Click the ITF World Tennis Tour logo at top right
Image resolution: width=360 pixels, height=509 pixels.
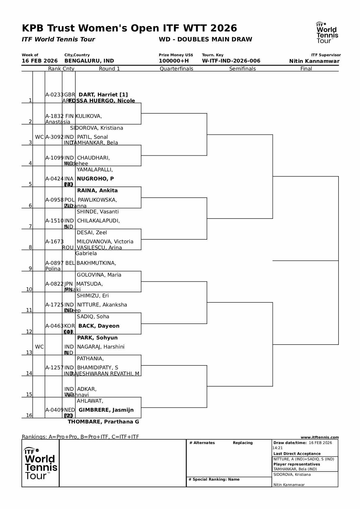click(327, 33)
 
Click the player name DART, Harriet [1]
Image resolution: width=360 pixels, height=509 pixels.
click(103, 95)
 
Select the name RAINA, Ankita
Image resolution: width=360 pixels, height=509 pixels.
click(97, 190)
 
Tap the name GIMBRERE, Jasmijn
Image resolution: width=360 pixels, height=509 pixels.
click(106, 410)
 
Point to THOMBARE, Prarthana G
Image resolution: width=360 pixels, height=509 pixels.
click(103, 422)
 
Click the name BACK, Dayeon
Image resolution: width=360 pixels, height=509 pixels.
click(99, 326)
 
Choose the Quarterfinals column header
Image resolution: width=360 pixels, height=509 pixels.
click(176, 69)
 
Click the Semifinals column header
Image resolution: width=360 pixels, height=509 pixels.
click(242, 69)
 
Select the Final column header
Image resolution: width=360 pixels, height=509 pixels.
click(306, 69)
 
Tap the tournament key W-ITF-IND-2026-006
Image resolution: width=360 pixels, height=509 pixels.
click(231, 61)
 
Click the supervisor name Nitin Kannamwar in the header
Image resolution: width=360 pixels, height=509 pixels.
click(314, 61)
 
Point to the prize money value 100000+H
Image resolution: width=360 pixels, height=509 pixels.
click(174, 61)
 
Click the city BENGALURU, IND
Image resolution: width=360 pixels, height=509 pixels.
click(89, 61)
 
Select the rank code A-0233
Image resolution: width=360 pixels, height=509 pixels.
click(54, 95)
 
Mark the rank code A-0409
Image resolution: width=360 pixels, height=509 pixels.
click(54, 410)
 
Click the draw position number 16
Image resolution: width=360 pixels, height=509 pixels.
click(29, 415)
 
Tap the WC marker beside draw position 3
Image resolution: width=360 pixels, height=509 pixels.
click(39, 137)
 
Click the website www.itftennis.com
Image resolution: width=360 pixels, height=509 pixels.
click(319, 437)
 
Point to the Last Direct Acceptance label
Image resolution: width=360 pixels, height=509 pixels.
click(297, 454)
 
